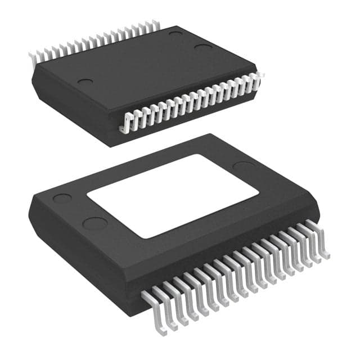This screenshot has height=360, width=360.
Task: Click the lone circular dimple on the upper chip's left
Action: [x=85, y=82]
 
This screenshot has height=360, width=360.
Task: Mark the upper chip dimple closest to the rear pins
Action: [x=175, y=34]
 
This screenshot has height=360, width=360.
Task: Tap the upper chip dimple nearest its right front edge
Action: [x=204, y=46]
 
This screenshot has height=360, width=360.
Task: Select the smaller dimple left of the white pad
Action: [x=62, y=199]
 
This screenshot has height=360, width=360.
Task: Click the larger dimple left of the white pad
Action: [x=94, y=223]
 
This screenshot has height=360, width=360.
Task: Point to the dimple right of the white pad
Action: [x=243, y=166]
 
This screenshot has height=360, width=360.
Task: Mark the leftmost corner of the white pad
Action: [x=87, y=195]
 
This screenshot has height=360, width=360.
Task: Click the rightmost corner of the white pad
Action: [x=259, y=193]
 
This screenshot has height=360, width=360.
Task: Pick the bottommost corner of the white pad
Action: [x=147, y=238]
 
